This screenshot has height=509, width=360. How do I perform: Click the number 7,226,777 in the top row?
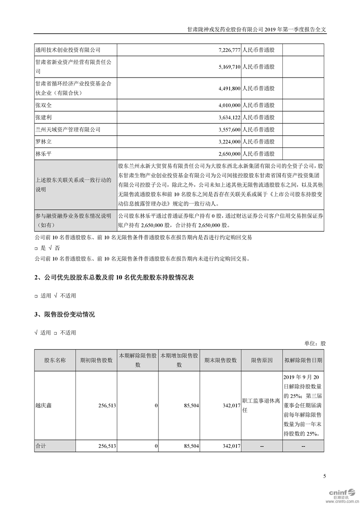(225, 49)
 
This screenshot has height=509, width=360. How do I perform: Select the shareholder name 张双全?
(43, 105)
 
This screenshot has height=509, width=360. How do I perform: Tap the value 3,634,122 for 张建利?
(225, 117)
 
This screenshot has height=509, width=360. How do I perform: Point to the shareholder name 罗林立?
(43, 142)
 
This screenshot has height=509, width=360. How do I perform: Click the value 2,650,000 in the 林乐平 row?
(225, 154)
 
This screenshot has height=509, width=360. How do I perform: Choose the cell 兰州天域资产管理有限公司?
(68, 130)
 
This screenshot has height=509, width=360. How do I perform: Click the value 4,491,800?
(225, 89)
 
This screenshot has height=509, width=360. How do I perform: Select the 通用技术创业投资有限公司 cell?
(68, 49)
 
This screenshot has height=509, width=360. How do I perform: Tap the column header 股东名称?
(55, 360)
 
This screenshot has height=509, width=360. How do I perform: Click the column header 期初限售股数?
(96, 360)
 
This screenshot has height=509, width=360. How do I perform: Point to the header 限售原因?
(262, 360)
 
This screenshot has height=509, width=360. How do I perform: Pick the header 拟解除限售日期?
(303, 360)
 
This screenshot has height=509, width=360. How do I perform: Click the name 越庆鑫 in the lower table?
(44, 405)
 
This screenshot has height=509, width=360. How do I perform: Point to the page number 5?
(325, 476)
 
